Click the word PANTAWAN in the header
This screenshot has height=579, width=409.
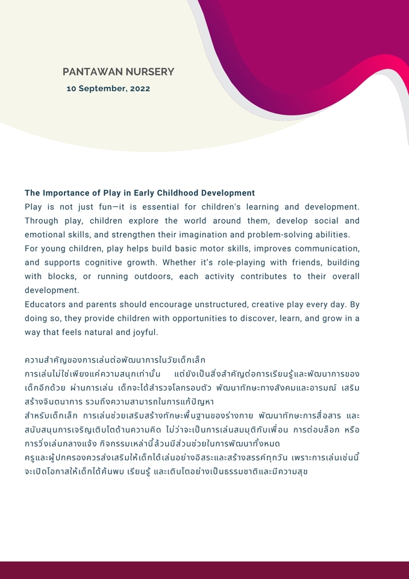[92, 72]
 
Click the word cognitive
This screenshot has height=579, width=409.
[107, 262]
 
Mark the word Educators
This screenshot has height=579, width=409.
[47, 305]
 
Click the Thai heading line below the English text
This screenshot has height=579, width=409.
[115, 360]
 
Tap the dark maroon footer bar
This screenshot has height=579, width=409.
[204, 570]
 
